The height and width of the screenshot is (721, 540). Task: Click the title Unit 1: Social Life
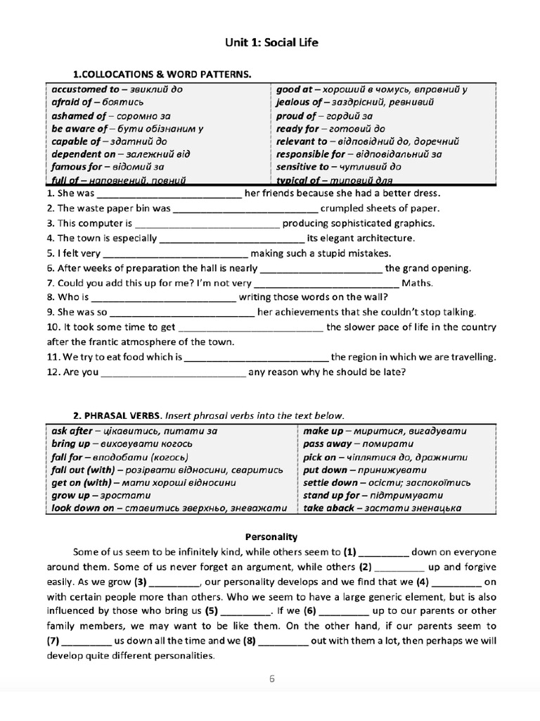pyautogui.click(x=270, y=43)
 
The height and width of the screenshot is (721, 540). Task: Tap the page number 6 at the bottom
pyautogui.click(x=271, y=679)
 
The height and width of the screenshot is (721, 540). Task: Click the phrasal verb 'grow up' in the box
pyautogui.click(x=70, y=496)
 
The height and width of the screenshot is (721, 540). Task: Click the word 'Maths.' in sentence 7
pyautogui.click(x=417, y=283)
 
